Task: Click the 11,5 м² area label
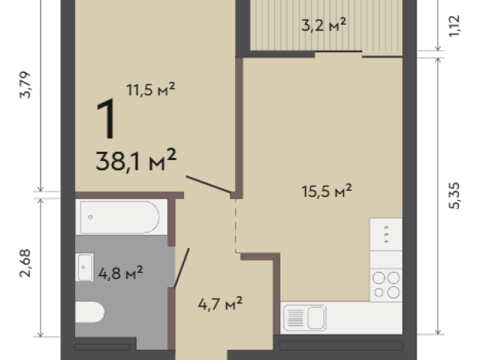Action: click(x=150, y=90)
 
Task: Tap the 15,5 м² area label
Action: click(x=326, y=191)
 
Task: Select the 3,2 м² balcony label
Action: click(x=324, y=25)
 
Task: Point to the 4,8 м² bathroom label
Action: click(x=120, y=273)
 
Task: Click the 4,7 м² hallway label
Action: click(x=220, y=303)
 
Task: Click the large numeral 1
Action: click(x=106, y=119)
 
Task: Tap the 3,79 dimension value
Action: click(x=25, y=85)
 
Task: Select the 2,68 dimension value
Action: click(x=25, y=263)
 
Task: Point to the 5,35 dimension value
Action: click(x=454, y=195)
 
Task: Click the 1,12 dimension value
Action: click(x=454, y=26)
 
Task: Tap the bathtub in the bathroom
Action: click(x=121, y=218)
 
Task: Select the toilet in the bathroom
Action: click(x=90, y=312)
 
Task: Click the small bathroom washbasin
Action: click(x=85, y=267)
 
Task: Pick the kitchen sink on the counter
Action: click(x=305, y=318)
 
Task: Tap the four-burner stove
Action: click(x=386, y=285)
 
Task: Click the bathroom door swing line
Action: click(x=182, y=268)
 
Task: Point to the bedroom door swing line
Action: click(x=208, y=185)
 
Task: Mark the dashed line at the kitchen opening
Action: click(x=236, y=226)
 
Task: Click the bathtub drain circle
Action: click(x=90, y=218)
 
